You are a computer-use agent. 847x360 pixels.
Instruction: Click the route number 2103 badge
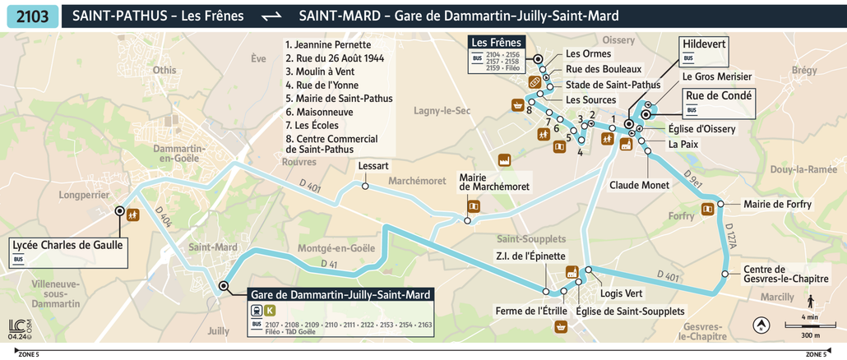pos(32,16)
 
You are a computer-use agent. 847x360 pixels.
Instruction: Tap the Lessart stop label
pos(373,166)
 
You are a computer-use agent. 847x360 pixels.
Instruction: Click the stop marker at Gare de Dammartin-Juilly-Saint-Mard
pos(224,286)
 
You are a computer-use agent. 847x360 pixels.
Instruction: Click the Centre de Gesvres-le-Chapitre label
pos(775,275)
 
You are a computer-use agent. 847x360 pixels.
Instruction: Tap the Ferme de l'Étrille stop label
pos(531,311)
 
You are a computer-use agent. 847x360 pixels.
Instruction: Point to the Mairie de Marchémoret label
pos(495,182)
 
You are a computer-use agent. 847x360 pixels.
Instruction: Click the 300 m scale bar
pos(810,329)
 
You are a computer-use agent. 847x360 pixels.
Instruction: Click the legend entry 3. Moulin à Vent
pos(319,72)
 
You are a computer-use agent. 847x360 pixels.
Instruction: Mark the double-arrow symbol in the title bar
pos(271,16)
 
